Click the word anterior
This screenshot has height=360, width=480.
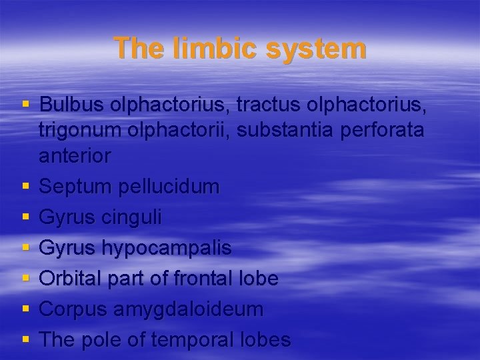pyautogui.click(x=75, y=155)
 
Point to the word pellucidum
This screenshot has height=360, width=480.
pyautogui.click(x=168, y=187)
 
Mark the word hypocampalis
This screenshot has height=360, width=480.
pyautogui.click(x=167, y=249)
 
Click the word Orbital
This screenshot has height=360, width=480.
pyautogui.click(x=69, y=279)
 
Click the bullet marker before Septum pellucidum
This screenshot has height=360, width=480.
pyautogui.click(x=26, y=187)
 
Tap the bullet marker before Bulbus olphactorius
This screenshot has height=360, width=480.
pyautogui.click(x=26, y=105)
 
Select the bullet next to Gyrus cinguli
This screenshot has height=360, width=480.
pyautogui.click(x=26, y=218)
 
